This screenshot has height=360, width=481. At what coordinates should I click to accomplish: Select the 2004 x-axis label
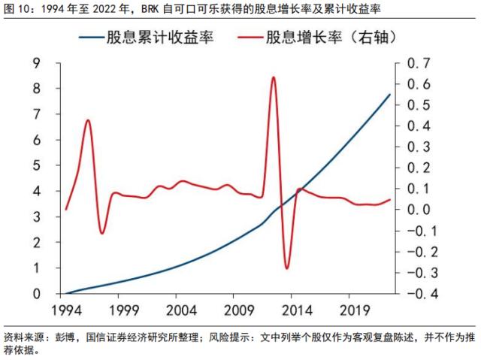181,310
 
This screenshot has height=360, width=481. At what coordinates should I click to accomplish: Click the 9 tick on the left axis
36,63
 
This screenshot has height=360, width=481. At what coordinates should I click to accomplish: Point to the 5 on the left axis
36,165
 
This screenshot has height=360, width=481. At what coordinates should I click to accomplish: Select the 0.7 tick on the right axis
416,63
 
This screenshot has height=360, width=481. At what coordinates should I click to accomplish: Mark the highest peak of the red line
273,77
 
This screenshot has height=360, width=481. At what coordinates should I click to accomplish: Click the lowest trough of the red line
286,268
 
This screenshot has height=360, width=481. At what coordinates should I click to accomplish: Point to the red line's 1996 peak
89,120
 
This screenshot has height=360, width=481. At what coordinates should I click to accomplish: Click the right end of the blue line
390,94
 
